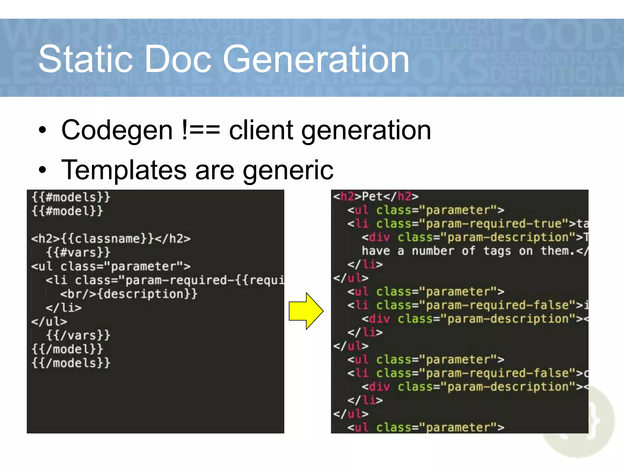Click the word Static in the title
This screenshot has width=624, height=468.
tap(86, 59)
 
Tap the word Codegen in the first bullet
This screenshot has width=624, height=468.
tap(117, 130)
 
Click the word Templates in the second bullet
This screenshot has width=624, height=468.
tap(124, 170)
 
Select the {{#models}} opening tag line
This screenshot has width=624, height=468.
tap(71, 197)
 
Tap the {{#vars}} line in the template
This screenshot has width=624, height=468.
tap(78, 252)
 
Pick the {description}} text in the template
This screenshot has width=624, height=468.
tap(148, 294)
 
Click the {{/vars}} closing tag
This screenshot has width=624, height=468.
tap(78, 335)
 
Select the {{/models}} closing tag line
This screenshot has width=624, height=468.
tap(71, 363)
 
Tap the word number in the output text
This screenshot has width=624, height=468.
tap(433, 251)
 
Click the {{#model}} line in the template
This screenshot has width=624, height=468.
tap(67, 211)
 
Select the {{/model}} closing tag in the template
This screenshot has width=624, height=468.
tap(67, 349)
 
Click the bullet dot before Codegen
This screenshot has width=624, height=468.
tap(43, 130)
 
